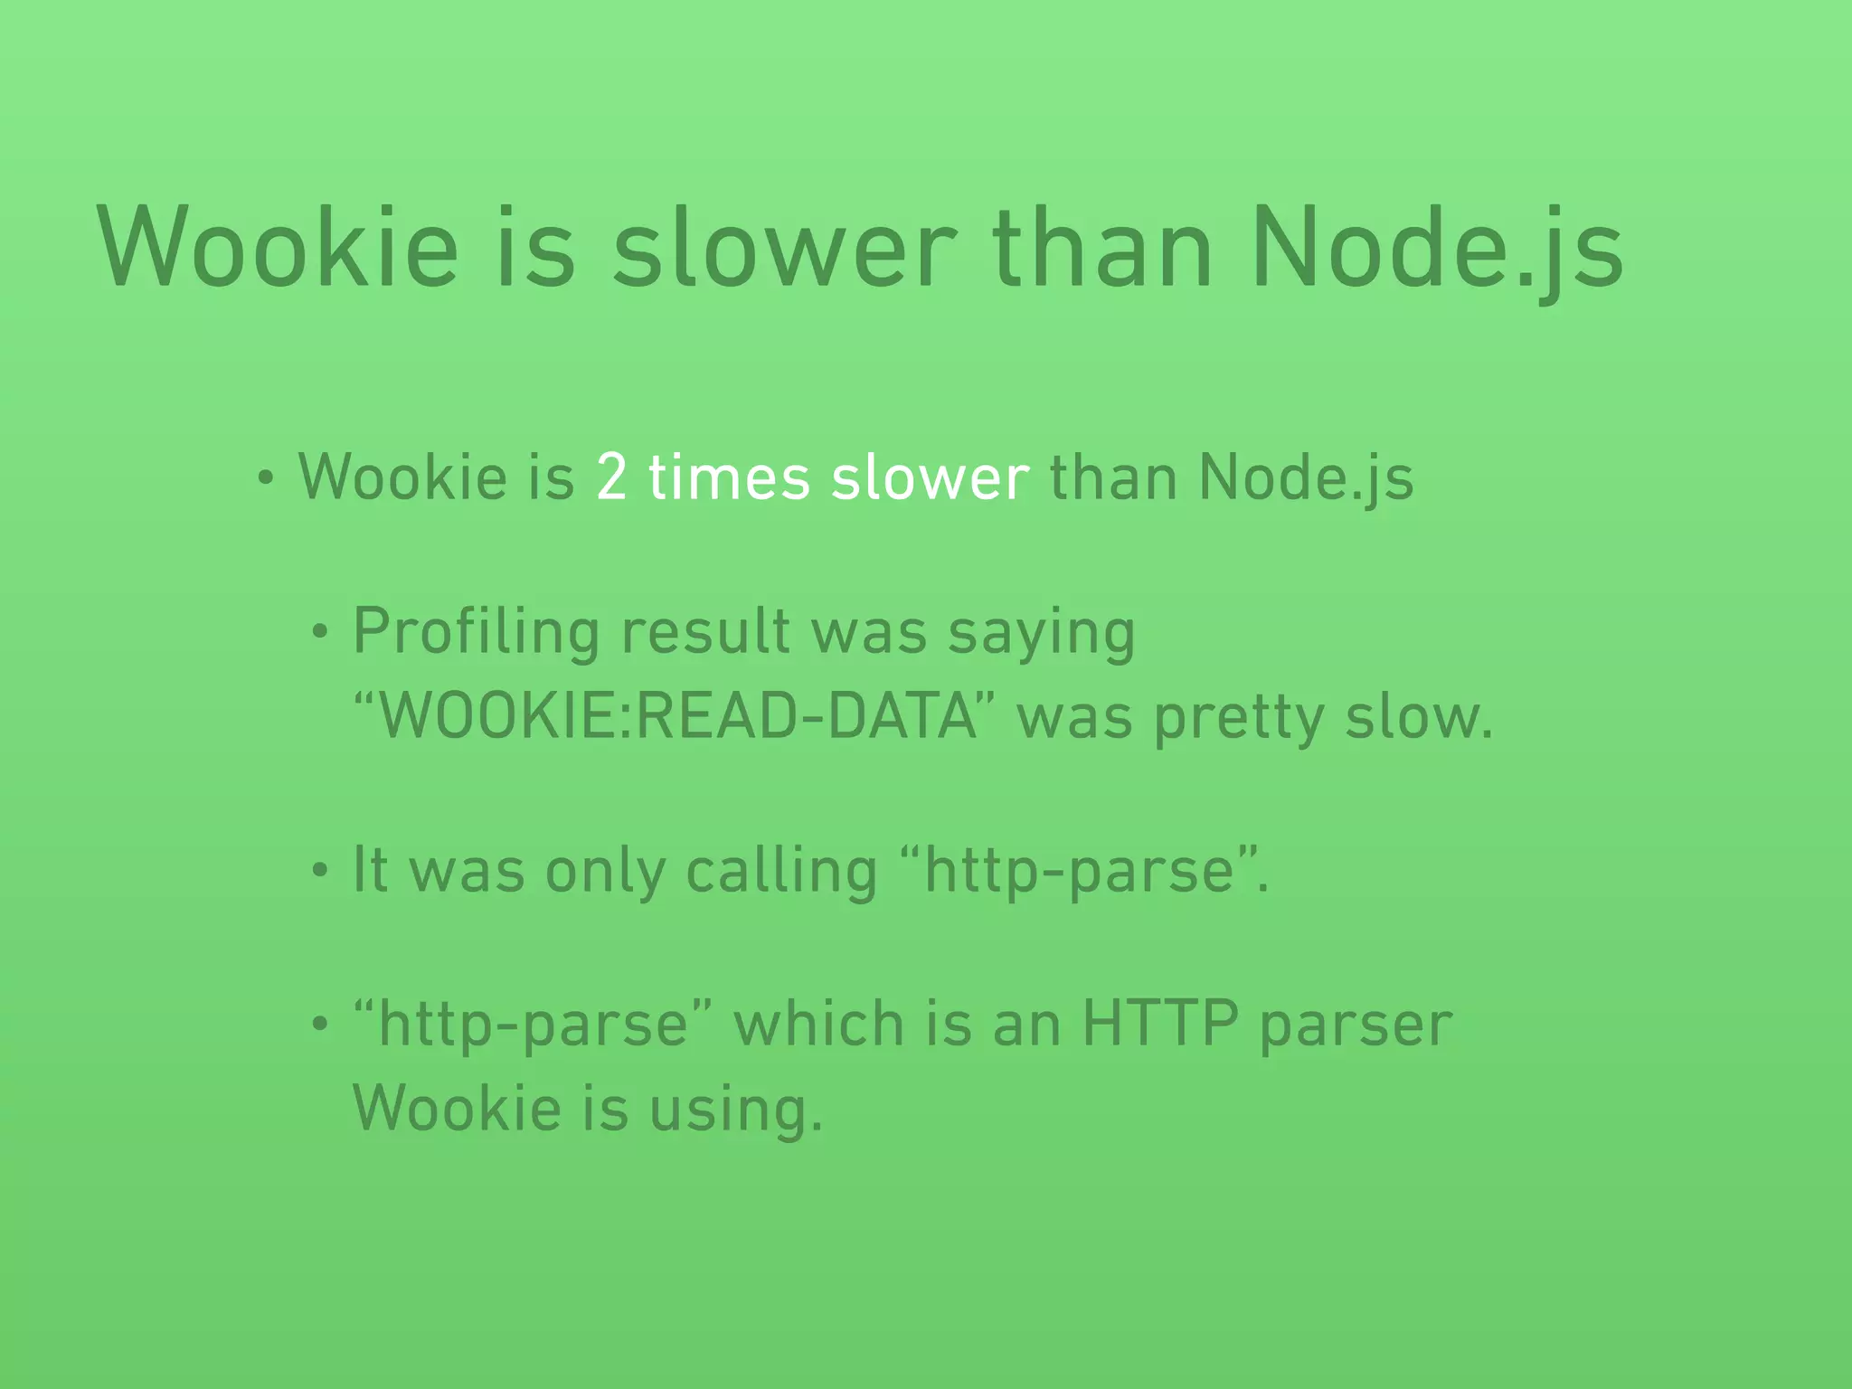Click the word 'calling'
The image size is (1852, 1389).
pos(781,871)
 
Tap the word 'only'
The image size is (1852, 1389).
pos(604,871)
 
